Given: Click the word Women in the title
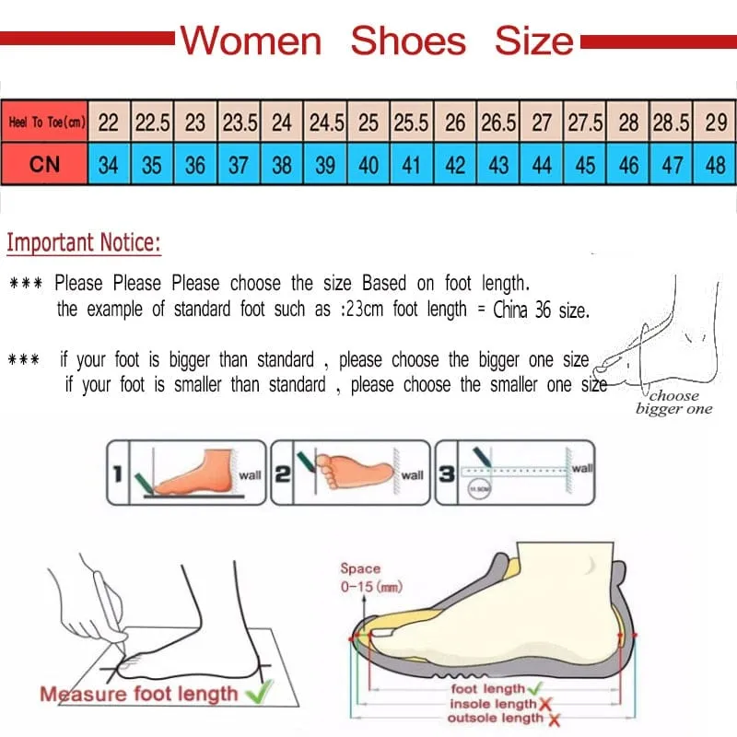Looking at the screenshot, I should [251, 41].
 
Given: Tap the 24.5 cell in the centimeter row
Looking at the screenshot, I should [326, 123].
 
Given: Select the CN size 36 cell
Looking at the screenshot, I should [195, 166].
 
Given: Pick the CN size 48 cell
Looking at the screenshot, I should [715, 166].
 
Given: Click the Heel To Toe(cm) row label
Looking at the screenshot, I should [45, 123].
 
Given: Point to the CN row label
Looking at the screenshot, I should [45, 165].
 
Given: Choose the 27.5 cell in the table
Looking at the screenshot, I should [585, 123].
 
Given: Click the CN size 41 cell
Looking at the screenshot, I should [412, 166].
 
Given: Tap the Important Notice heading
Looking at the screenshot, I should [84, 243].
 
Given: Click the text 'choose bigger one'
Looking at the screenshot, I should [673, 403].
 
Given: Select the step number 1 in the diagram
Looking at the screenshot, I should [117, 475].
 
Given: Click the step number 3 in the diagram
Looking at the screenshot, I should [446, 475].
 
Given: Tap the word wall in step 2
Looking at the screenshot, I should [413, 475].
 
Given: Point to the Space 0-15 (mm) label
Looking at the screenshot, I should [369, 578].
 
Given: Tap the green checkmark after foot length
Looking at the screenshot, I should [534, 688].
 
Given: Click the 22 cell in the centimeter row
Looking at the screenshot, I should [109, 123].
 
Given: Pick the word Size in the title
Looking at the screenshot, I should [533, 41].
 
